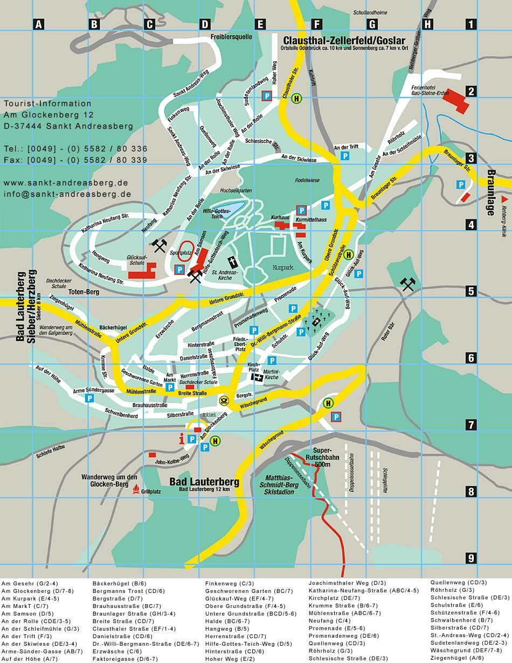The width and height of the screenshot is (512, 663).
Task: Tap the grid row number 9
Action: coord(471,557)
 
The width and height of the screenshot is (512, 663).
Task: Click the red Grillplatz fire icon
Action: coord(136,489)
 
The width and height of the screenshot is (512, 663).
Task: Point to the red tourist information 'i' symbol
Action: coord(182,439)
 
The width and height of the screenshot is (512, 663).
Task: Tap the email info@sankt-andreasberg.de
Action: coord(67,194)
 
